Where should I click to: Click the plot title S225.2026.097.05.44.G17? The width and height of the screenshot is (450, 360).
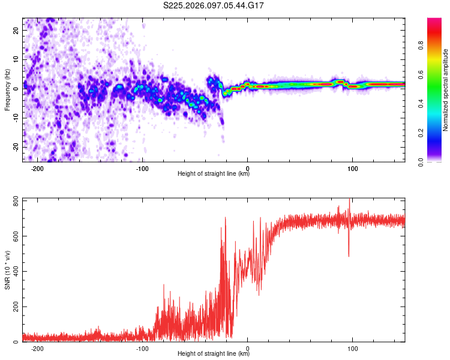pos(214,5)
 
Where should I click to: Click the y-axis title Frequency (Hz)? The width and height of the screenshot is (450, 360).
pos(7,90)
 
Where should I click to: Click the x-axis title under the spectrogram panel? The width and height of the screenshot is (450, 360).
pos(214,174)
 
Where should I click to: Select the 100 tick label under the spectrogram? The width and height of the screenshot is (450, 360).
pos(353,168)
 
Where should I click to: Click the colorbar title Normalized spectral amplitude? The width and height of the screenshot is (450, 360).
pos(446,90)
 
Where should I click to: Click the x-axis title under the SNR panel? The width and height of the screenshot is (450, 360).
pos(214,354)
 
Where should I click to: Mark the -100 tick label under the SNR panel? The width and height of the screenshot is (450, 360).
pos(142,348)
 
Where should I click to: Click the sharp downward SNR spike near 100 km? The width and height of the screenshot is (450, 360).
pos(349,254)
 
